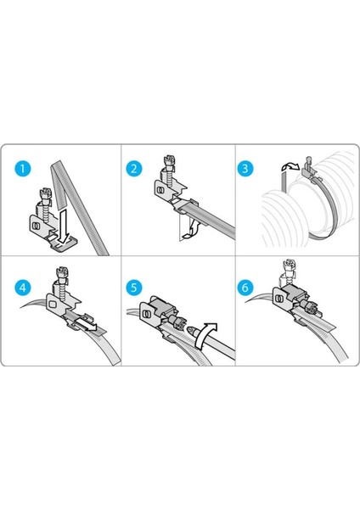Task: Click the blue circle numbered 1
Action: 23,169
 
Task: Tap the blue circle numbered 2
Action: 134,169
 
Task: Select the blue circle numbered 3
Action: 245,169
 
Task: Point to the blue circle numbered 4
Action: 23,288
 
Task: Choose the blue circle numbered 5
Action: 134,288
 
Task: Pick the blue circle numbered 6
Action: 245,288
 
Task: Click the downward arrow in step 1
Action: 64,226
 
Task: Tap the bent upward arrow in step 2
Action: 191,229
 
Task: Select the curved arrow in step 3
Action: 290,167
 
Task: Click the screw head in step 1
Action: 45,195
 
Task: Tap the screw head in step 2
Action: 170,162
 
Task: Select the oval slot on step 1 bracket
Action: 36,225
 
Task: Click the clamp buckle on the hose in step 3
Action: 307,169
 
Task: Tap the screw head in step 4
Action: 62,273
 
